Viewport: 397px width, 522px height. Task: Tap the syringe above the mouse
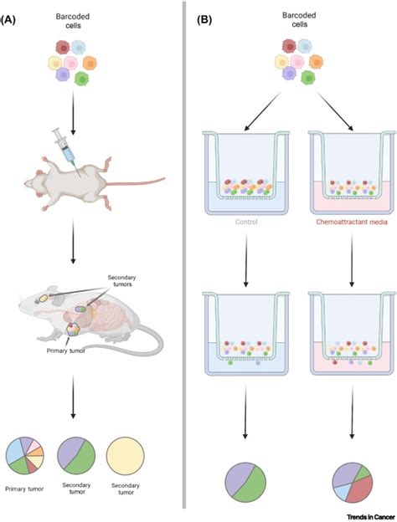click(x=65, y=146)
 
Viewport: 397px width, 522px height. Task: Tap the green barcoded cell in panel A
click(x=80, y=79)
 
